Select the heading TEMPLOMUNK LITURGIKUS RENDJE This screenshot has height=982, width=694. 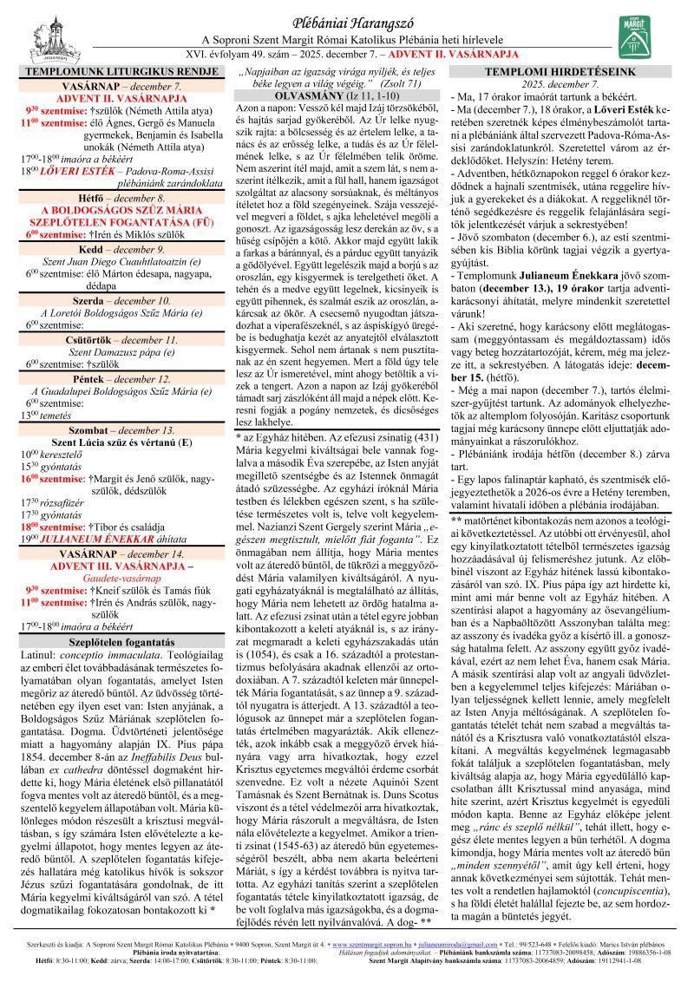tap(122, 74)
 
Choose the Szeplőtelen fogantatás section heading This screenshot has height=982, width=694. tap(122, 617)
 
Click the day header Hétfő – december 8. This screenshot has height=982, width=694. tap(122, 198)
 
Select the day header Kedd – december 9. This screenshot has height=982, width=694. tap(122, 248)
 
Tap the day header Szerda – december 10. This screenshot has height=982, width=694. tap(122, 300)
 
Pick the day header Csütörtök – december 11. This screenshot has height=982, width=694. tap(122, 339)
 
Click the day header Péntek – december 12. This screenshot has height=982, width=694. tap(122, 378)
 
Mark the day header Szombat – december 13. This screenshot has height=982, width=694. tap(122, 429)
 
